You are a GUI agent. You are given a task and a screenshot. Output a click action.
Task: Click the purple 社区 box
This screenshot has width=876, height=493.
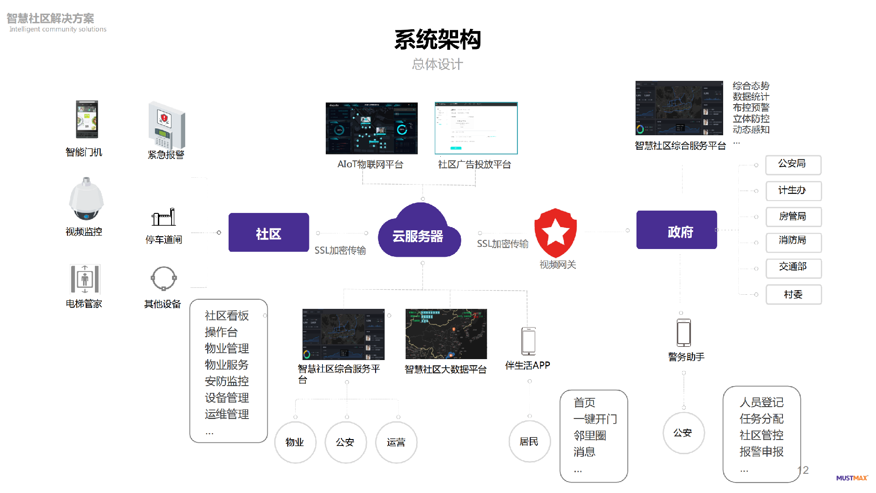(268, 233)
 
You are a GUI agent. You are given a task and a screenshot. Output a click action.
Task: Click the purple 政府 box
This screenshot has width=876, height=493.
(677, 230)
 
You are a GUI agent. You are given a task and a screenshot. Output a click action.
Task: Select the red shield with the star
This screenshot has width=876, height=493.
(555, 232)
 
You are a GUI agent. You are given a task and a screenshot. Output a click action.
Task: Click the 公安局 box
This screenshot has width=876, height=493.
(793, 164)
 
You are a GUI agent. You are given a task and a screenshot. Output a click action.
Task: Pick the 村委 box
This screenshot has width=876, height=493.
(793, 295)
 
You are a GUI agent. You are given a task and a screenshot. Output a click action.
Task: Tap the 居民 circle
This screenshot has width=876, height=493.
(529, 441)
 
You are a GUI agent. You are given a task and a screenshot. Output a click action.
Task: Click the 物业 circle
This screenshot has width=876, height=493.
(295, 442)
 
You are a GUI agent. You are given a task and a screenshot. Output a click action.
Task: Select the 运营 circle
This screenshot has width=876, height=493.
(396, 442)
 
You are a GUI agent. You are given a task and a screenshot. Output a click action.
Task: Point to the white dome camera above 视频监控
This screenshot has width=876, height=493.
(86, 199)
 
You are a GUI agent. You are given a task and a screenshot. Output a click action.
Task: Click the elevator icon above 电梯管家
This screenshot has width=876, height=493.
(84, 279)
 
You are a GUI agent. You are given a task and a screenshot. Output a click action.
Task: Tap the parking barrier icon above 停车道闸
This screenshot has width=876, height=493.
(164, 217)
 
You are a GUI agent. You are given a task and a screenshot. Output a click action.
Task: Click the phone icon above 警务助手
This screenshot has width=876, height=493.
(683, 333)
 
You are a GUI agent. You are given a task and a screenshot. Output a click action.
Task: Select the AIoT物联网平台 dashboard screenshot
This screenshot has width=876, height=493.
(371, 128)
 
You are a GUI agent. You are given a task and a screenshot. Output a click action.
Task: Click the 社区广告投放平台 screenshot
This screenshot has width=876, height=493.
(476, 128)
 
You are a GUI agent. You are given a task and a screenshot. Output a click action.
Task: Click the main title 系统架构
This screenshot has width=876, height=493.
(438, 40)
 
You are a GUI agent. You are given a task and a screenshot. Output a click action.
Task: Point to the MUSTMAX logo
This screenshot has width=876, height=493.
(851, 478)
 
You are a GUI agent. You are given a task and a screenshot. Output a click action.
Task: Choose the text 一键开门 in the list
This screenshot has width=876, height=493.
(595, 419)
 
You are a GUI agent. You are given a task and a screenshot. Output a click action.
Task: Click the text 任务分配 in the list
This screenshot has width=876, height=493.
(761, 419)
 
